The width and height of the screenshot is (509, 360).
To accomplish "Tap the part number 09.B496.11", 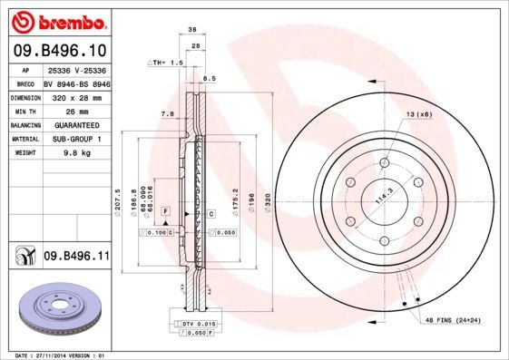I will tap(75, 257).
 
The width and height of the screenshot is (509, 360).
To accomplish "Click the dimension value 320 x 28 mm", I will tap(75, 96).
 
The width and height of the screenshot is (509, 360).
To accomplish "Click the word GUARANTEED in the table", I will tap(75, 125).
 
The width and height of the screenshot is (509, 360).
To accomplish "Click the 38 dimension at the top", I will tap(192, 30).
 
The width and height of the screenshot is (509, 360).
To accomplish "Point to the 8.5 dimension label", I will tap(209, 79).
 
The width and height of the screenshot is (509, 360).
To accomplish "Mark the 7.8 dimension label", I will tap(166, 114).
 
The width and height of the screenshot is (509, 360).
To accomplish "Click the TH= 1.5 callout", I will tap(165, 63).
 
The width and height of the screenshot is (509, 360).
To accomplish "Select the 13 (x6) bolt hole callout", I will tap(418, 114).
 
